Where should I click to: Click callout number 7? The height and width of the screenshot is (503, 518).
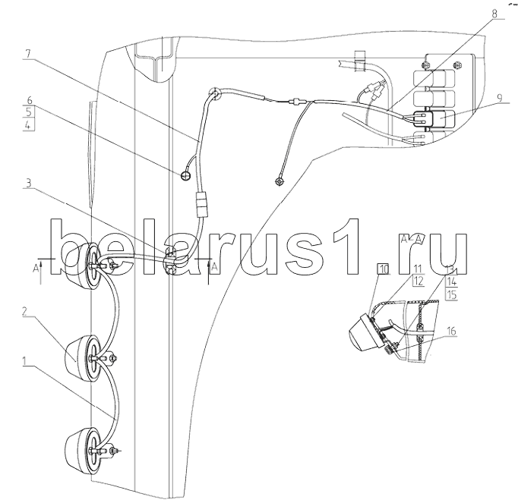(28, 54)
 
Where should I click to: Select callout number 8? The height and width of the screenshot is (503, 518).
(494, 14)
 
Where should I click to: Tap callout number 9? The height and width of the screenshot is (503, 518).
(499, 98)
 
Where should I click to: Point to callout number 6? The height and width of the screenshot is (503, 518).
(29, 100)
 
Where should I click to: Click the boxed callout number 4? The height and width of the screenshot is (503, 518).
(29, 125)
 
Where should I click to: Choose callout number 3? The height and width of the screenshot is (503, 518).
(28, 183)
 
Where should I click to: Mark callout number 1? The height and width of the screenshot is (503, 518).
(24, 360)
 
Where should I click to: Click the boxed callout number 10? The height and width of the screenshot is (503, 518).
(384, 269)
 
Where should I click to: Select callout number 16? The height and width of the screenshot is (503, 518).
(451, 331)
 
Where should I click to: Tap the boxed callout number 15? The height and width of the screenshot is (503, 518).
(451, 294)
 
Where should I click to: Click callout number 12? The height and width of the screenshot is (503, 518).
(419, 281)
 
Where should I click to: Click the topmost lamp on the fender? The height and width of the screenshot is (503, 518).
(81, 266)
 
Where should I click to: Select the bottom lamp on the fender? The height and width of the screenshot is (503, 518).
(81, 451)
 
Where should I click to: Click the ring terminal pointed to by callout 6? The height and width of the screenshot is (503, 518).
(185, 176)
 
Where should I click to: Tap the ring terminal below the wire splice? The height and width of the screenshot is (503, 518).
(280, 181)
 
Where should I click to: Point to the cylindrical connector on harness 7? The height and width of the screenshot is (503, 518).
(201, 204)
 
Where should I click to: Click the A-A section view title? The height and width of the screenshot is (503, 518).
(412, 238)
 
